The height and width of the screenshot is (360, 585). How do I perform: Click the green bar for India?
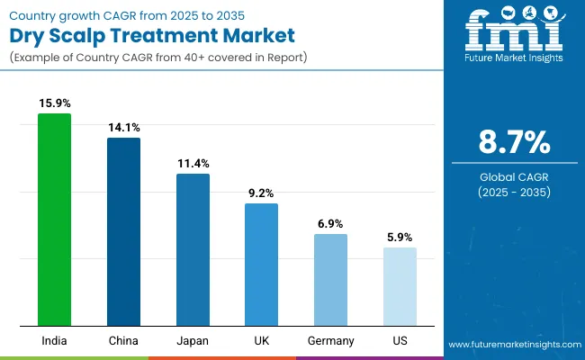coord(54,220)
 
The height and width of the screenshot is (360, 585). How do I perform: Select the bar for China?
coord(123,231)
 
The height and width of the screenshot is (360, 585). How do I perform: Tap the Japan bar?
coord(193,249)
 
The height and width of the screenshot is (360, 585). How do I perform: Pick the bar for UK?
coord(262,265)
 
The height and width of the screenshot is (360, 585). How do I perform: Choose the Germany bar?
coord(330,280)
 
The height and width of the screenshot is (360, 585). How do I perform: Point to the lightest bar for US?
coord(400,286)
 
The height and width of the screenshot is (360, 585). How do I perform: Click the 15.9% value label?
coord(54,103)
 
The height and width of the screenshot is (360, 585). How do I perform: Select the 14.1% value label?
coord(123,128)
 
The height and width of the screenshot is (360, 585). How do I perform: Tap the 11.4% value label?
coord(193,163)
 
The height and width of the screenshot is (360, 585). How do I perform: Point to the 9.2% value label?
coord(262,193)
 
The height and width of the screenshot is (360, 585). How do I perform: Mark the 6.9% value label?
coord(330,223)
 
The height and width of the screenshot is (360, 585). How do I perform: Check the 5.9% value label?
coord(400,238)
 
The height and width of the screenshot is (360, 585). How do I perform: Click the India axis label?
coord(54,341)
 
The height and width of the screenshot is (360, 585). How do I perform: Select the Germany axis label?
coord(330,341)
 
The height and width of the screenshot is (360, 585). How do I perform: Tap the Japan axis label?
coord(193,341)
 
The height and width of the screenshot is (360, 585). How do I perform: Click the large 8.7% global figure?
coord(512,142)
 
